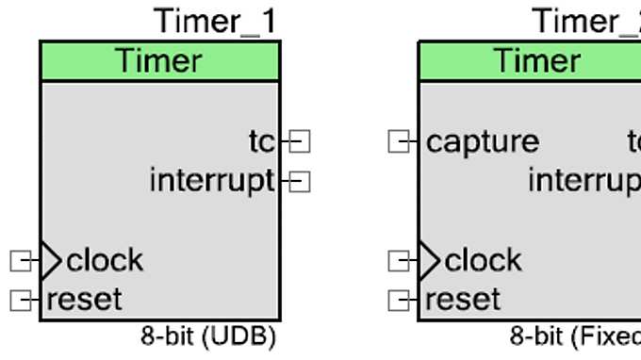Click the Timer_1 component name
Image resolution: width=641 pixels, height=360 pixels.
[216, 20]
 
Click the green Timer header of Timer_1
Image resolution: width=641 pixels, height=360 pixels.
[159, 61]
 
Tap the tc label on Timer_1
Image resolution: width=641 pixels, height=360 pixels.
[261, 141]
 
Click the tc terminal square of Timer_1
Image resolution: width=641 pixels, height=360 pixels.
[300, 141]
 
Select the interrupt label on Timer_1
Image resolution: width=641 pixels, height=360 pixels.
[211, 179]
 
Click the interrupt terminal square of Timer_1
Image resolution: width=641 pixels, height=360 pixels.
[300, 180]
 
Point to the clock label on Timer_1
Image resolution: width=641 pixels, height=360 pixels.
[105, 259]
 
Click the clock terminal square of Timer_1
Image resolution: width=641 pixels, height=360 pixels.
[21, 259]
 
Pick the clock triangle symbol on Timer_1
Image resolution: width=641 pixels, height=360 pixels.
[50, 259]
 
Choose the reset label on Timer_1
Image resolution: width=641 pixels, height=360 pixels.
[84, 300]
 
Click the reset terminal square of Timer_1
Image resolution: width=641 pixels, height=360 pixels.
[21, 300]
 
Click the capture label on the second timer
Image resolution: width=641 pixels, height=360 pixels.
[483, 141]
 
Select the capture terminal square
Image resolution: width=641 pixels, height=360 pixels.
[400, 141]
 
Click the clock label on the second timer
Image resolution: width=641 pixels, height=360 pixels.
[483, 259]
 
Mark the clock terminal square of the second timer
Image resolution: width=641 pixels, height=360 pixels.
[400, 259]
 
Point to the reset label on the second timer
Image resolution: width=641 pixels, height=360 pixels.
[463, 300]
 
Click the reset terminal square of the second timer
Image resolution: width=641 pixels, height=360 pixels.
[400, 300]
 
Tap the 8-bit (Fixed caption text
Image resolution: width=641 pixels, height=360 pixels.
[575, 335]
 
